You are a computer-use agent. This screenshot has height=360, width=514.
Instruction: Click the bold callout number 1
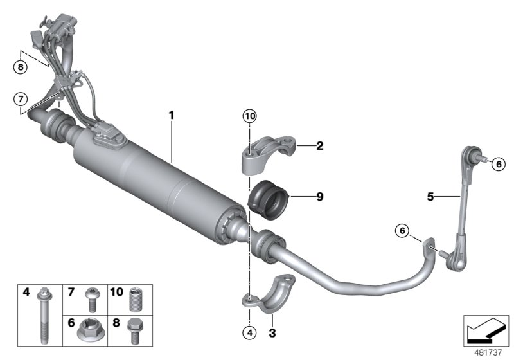click(172, 116)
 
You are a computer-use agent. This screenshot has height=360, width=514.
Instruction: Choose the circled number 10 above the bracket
click(249, 116)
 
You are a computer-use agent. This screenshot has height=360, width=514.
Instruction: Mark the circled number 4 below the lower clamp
click(249, 332)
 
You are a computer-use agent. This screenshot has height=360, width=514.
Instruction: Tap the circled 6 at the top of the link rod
click(498, 164)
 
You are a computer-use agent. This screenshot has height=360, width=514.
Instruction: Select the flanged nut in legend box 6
click(87, 332)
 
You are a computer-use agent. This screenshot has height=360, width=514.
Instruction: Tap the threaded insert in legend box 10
click(134, 300)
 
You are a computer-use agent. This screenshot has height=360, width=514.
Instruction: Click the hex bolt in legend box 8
click(134, 330)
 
